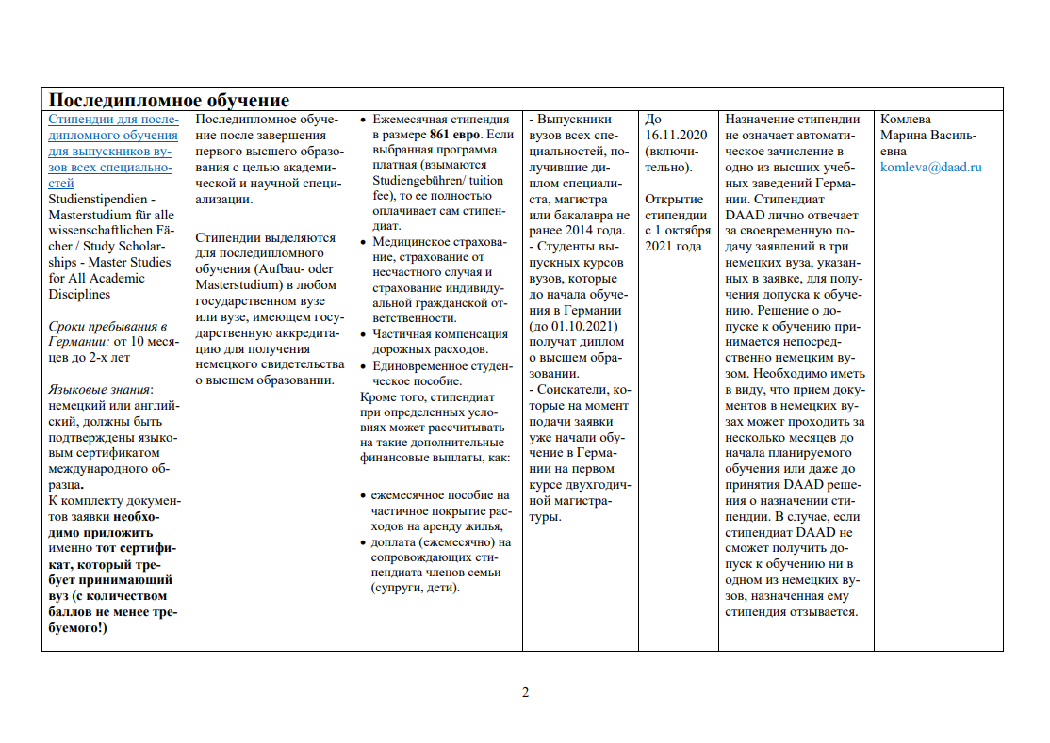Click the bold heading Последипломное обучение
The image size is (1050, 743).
(x=169, y=100)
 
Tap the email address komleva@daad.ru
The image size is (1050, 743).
(x=930, y=167)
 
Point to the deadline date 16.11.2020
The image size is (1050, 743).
(x=676, y=135)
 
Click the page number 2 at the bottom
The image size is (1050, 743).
(x=526, y=693)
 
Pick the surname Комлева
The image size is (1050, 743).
(x=905, y=120)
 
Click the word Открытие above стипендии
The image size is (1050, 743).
(x=674, y=199)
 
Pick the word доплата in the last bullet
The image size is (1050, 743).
(x=398, y=541)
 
